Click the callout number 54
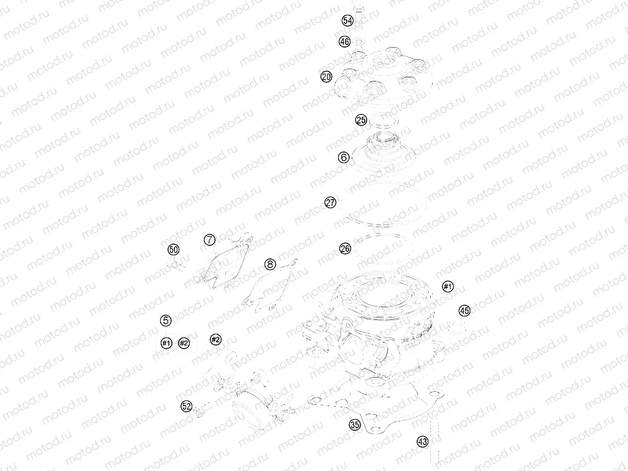[347, 21]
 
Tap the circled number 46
[344, 41]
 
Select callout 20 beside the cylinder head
[326, 77]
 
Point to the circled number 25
[361, 120]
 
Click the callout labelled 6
[344, 158]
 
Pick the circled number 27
[331, 203]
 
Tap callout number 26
[346, 248]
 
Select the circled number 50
[174, 250]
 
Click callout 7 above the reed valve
[210, 239]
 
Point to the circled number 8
[270, 264]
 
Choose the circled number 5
[166, 320]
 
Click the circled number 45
[464, 310]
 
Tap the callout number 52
[187, 407]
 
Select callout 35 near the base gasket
[355, 425]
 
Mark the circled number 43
[423, 442]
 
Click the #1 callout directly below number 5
[166, 343]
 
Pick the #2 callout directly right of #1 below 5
[184, 343]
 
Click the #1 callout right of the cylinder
[448, 286]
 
